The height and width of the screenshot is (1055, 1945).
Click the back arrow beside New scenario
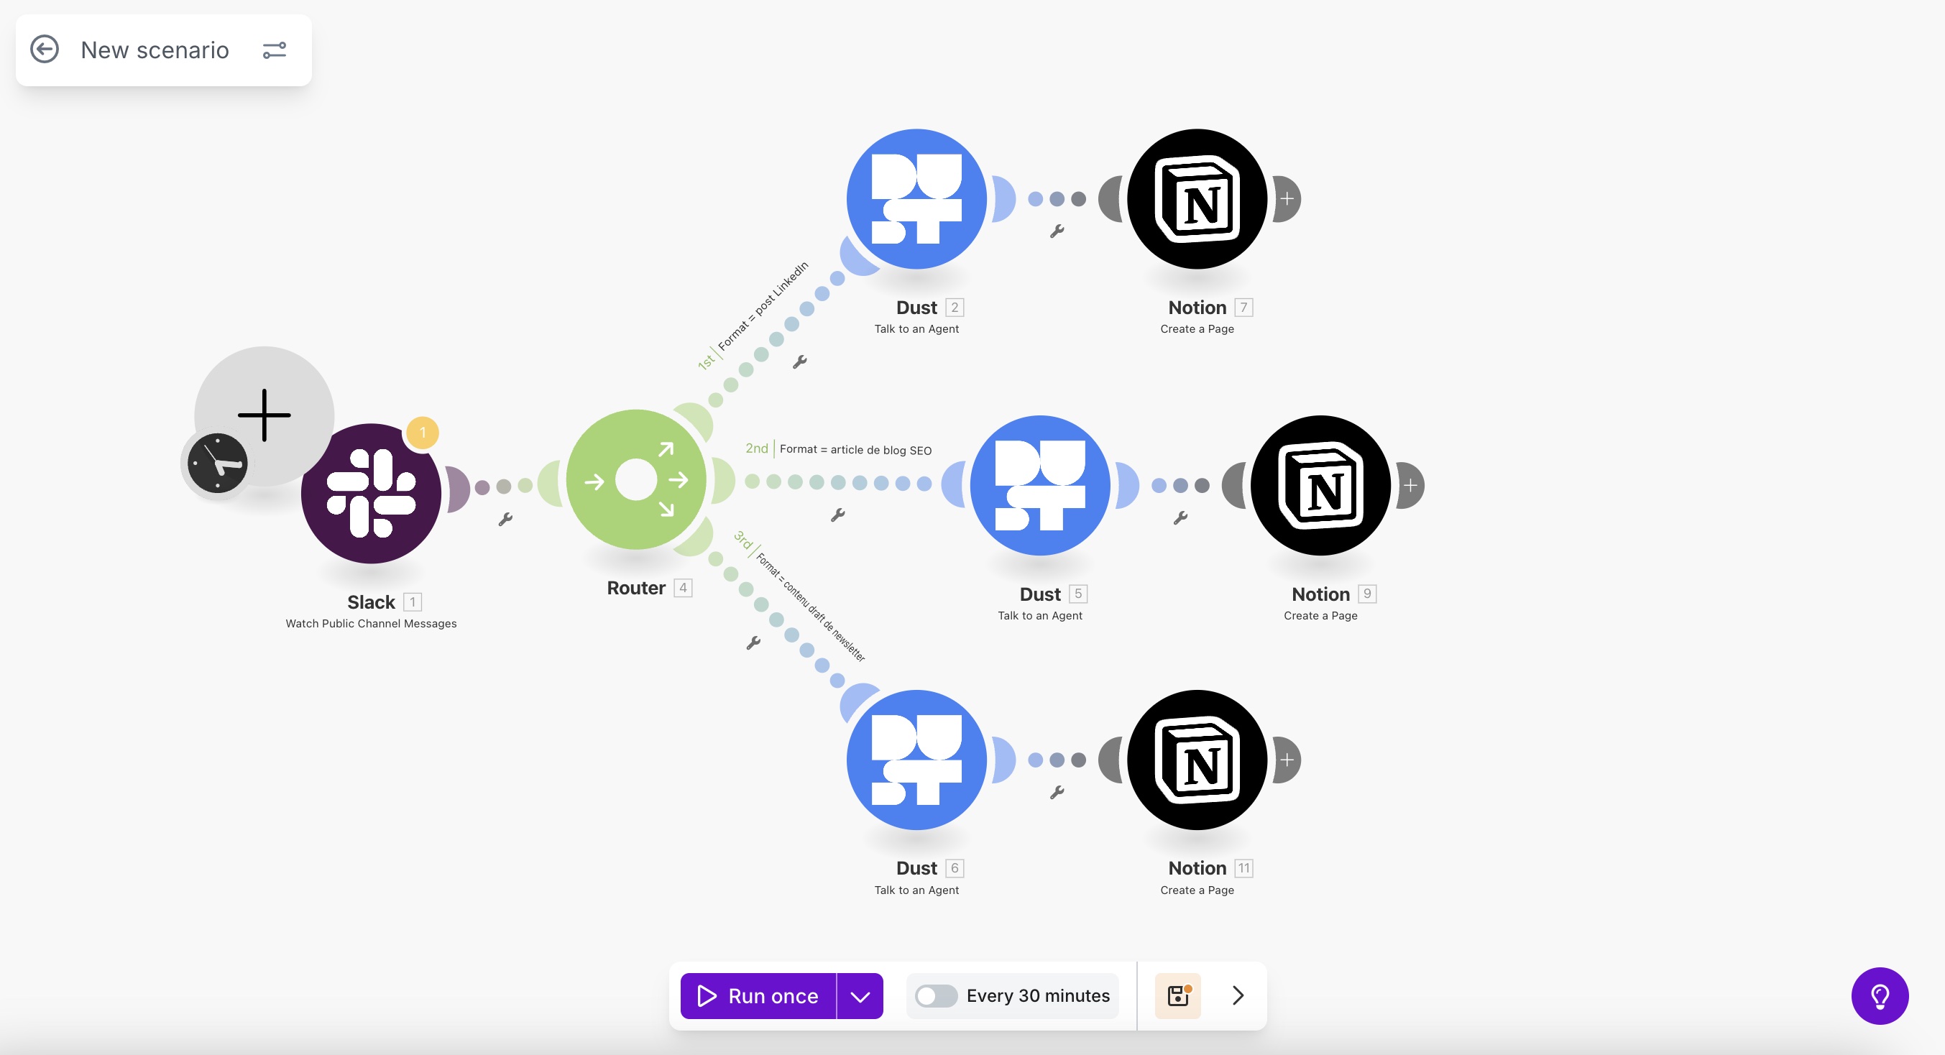coord(45,50)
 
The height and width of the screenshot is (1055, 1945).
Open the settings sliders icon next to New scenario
coord(274,50)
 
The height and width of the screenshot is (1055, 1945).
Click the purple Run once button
coord(758,995)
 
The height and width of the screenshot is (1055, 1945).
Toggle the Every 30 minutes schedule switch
coord(936,995)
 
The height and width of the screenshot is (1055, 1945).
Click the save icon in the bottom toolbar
coord(1178,995)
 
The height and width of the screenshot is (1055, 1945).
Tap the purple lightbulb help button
coord(1880,995)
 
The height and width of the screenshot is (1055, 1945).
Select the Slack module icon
coord(371,493)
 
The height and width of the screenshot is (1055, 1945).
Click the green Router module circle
coord(635,479)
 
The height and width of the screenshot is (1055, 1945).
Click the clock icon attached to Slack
coord(218,463)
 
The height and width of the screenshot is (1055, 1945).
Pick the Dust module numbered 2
coord(916,198)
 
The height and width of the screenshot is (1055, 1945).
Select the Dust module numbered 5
coord(1039,486)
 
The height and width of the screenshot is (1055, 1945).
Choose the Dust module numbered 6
coord(916,760)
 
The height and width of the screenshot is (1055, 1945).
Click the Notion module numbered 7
coord(1197,198)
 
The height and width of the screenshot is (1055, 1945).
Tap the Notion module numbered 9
coord(1320,486)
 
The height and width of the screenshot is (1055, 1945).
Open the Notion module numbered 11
coord(1197,760)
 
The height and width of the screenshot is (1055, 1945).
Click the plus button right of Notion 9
coord(1410,486)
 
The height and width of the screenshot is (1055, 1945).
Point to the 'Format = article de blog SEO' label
coord(855,449)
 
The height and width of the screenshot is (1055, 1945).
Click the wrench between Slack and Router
coord(505,519)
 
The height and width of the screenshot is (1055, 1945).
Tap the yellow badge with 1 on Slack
coord(423,433)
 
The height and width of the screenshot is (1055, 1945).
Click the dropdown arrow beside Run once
coord(860,995)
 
